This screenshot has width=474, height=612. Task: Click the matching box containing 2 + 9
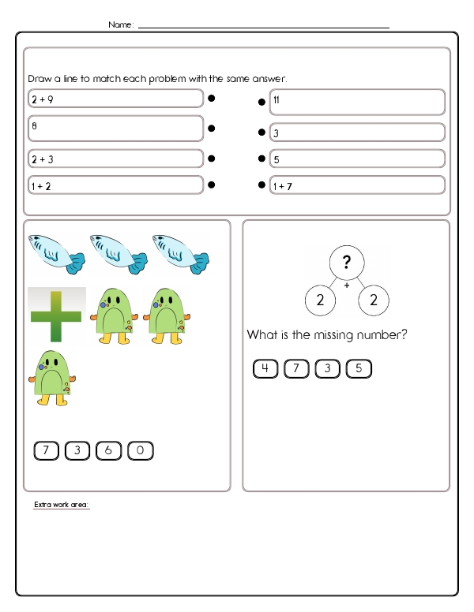[115, 99]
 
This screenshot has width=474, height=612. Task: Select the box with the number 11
[357, 102]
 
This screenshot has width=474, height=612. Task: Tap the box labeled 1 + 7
[357, 186]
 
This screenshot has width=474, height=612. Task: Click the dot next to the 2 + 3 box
[212, 159]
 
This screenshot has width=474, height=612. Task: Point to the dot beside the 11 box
[261, 102]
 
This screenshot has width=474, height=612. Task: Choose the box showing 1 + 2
[115, 185]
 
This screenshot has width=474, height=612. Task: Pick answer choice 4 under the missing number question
[265, 368]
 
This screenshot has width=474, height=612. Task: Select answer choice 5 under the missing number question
[359, 368]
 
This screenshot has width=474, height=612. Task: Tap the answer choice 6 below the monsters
[108, 451]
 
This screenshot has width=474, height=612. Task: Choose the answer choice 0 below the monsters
[140, 451]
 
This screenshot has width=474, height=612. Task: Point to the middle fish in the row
[117, 252]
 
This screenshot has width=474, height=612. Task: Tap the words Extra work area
[62, 504]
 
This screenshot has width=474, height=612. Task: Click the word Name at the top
[120, 25]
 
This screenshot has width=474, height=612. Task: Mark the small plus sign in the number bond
[347, 285]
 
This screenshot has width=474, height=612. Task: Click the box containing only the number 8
[115, 129]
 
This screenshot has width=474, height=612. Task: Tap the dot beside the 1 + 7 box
[261, 185]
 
